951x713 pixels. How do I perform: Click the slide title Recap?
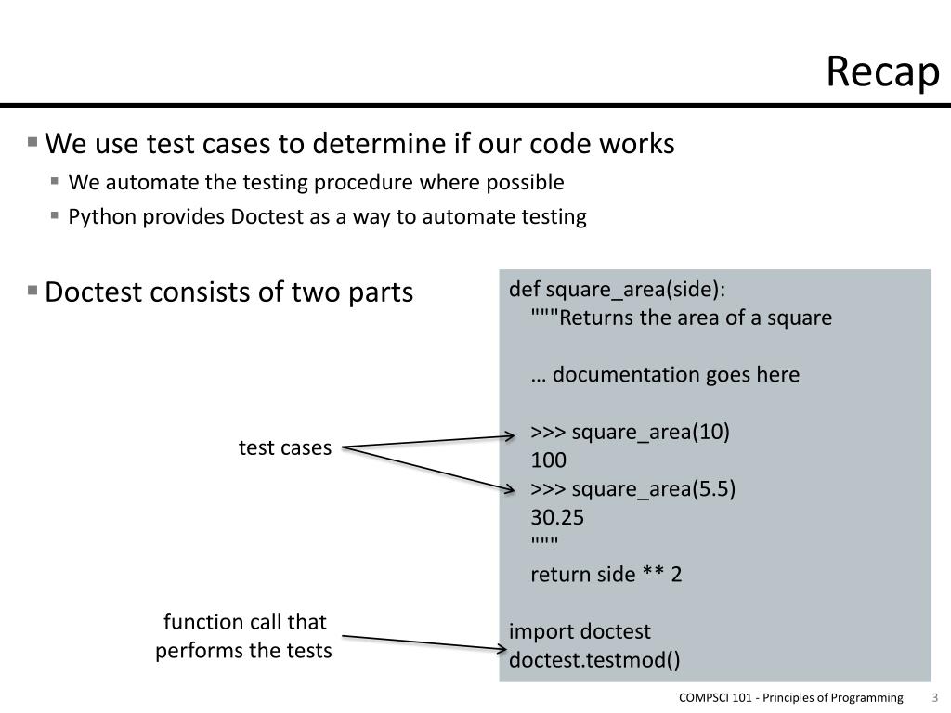click(882, 72)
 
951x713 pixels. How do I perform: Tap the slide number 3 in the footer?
click(934, 698)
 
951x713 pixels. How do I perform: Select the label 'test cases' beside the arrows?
click(284, 447)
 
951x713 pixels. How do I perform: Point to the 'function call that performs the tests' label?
click(244, 636)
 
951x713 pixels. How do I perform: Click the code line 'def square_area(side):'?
click(617, 289)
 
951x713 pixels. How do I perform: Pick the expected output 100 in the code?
click(548, 460)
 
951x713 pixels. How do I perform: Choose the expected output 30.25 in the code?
click(557, 517)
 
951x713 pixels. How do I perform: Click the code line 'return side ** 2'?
click(606, 574)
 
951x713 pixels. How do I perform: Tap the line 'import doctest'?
click(580, 631)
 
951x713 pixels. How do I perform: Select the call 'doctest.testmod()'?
click(594, 660)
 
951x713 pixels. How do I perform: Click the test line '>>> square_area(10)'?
click(630, 432)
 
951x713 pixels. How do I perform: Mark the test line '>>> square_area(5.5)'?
click(632, 489)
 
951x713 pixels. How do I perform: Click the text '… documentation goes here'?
click(665, 374)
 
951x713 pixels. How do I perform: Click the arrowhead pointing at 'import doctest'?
click(502, 646)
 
